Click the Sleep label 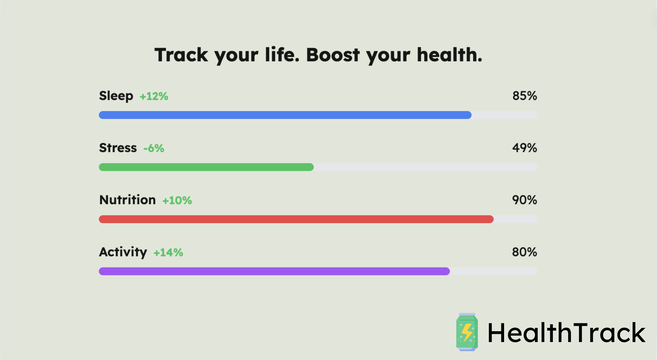pyautogui.click(x=116, y=96)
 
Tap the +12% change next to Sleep pyautogui.click(x=154, y=96)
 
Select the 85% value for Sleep pyautogui.click(x=524, y=96)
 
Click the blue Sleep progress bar pyautogui.click(x=285, y=115)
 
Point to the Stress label pyautogui.click(x=118, y=148)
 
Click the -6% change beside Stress pyautogui.click(x=154, y=148)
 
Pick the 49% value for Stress pyautogui.click(x=524, y=148)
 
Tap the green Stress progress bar pyautogui.click(x=206, y=167)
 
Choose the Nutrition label pyautogui.click(x=127, y=200)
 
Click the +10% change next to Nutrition pyautogui.click(x=177, y=200)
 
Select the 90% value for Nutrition pyautogui.click(x=524, y=200)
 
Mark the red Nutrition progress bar pyautogui.click(x=296, y=219)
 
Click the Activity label pyautogui.click(x=123, y=252)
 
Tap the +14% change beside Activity pyautogui.click(x=168, y=253)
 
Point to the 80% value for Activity pyautogui.click(x=524, y=252)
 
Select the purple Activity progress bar pyautogui.click(x=274, y=271)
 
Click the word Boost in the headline pyautogui.click(x=333, y=55)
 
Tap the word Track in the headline pyautogui.click(x=181, y=55)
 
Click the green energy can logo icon pyautogui.click(x=467, y=332)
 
